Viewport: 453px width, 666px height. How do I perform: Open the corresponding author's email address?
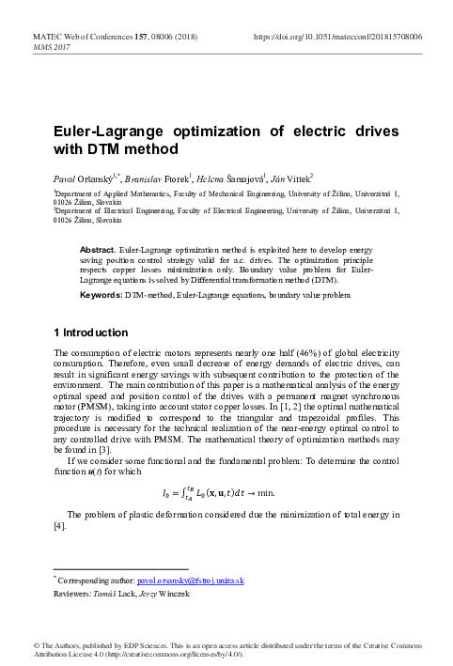(191, 581)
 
